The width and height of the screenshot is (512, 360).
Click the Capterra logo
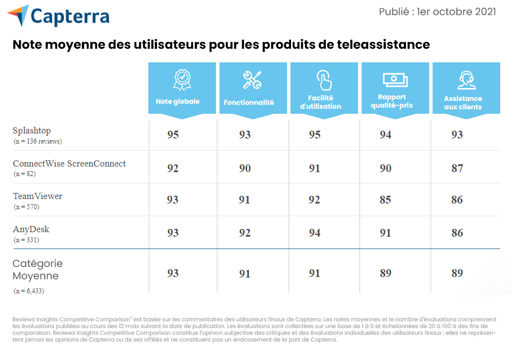point(59,16)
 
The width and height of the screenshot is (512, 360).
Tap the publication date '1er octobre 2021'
point(456,12)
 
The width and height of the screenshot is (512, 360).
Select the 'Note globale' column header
point(177,101)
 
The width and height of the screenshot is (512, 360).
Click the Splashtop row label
point(32,131)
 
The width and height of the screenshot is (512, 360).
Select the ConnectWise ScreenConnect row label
point(70,164)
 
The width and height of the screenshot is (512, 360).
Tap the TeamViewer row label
point(38,196)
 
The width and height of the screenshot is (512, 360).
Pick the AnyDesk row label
point(31,229)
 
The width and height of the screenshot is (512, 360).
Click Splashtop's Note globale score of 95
point(173,135)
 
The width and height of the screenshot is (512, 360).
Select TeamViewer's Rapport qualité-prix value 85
point(385,200)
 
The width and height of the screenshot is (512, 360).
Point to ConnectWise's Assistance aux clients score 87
point(457,168)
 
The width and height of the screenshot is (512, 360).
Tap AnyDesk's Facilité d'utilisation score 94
point(315,233)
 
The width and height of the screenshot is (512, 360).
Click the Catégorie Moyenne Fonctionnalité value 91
point(245,274)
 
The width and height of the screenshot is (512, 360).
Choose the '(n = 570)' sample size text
point(26,207)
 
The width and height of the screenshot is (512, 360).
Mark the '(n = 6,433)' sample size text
point(29,291)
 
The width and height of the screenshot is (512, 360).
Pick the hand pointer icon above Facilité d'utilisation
point(324,80)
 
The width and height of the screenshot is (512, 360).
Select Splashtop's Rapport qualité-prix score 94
point(385,135)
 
